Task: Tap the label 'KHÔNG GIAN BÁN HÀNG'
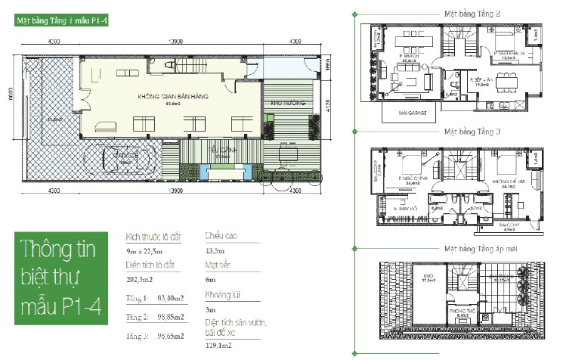(x=173, y=98)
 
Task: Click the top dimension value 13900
(x=174, y=42)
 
